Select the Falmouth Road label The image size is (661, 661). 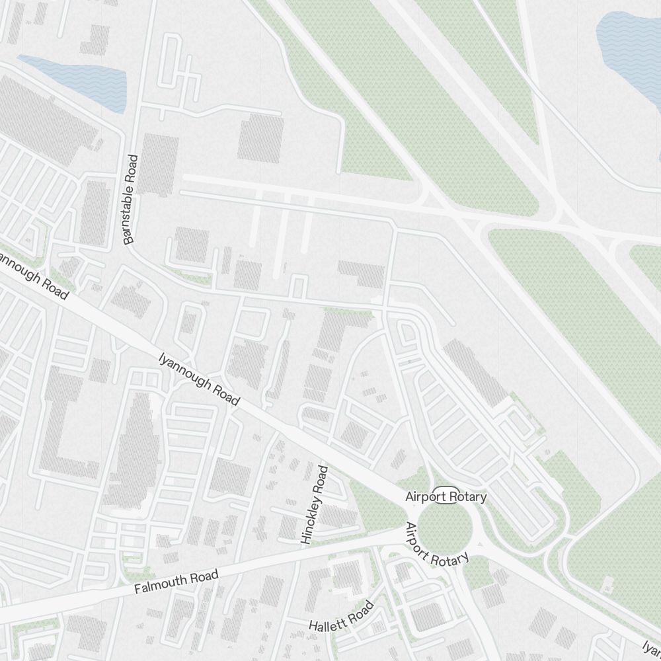tap(176, 582)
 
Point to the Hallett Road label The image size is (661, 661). tap(342, 616)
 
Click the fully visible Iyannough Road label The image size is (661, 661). tap(198, 379)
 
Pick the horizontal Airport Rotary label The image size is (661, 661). tap(446, 496)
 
